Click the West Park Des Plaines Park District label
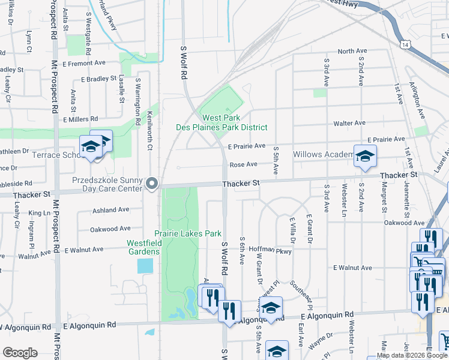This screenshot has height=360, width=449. point(221,123)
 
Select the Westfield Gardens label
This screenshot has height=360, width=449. point(143,247)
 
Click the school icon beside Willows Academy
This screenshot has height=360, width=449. point(365,155)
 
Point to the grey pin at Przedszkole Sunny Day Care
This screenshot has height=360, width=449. point(152,184)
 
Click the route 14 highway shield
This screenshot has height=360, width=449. point(406,45)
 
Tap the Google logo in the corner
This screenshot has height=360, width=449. point(20,352)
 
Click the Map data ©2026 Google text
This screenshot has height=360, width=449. point(412,356)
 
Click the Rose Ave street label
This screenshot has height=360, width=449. point(243,164)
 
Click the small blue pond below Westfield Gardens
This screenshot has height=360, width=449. point(144,266)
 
